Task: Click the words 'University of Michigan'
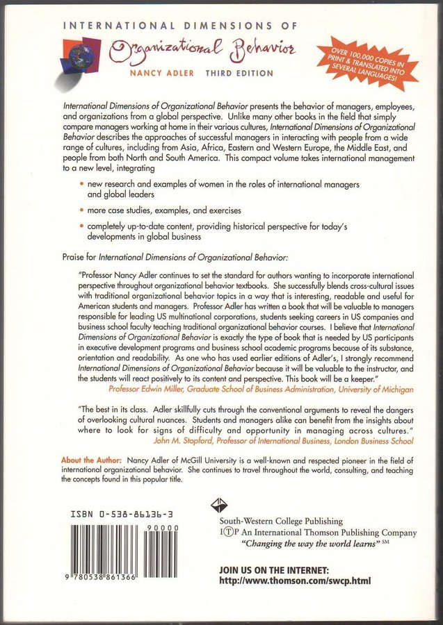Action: tap(373, 391)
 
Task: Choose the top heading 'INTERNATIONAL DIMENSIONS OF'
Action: tap(180, 26)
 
